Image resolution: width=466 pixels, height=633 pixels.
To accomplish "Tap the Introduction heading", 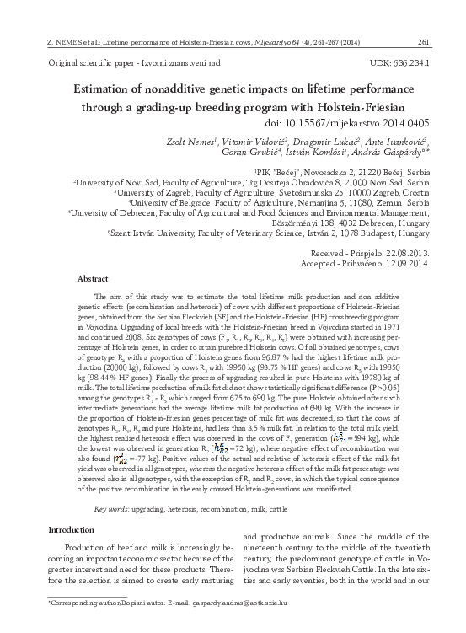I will pyautogui.click(x=72, y=530).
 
